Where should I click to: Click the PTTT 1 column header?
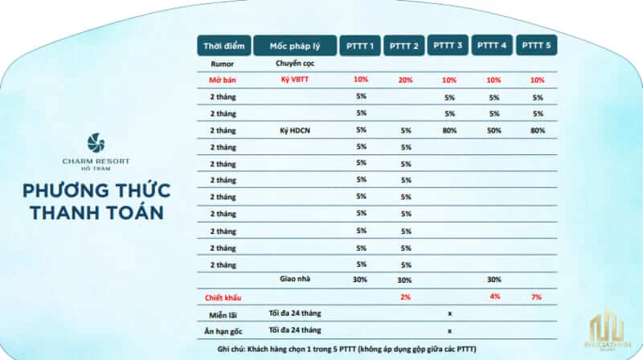tap(361, 46)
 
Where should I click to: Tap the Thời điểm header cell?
tap(223, 46)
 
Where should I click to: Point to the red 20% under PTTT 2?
tap(405, 80)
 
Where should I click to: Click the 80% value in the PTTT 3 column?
tap(448, 129)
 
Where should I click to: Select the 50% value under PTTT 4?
tap(493, 129)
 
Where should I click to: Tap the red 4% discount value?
tap(493, 297)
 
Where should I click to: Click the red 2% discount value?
tap(405, 297)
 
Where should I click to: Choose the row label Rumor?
tap(223, 62)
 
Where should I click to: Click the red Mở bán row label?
tap(223, 80)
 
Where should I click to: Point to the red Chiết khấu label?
tap(223, 297)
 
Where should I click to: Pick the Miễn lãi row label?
tap(223, 313)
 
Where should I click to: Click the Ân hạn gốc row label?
tap(223, 330)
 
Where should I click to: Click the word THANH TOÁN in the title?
tap(96, 212)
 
